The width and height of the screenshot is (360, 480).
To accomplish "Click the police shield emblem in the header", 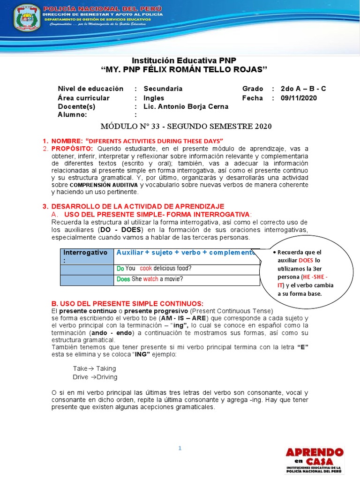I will coord(27,17).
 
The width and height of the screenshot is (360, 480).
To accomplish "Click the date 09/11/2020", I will coord(299,98).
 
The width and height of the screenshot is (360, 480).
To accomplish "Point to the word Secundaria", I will coord(163,89).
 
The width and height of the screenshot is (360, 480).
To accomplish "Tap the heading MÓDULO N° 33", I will coord(186,127).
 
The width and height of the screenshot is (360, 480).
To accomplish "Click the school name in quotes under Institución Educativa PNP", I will coord(184,69).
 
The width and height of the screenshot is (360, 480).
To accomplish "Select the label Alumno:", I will coord(73,115).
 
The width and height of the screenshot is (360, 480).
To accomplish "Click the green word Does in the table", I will coord(123,279).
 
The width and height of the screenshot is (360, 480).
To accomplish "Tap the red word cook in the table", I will coord(146,269).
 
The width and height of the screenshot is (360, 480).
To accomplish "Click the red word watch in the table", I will coord(151,279).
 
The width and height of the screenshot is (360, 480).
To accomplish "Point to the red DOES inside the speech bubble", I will coord(306,260).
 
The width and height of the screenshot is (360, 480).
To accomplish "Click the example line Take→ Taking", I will coord(94,368).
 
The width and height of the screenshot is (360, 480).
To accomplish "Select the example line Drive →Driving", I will coord(95,377).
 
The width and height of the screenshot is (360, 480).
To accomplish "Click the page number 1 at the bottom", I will coord(180,448).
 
